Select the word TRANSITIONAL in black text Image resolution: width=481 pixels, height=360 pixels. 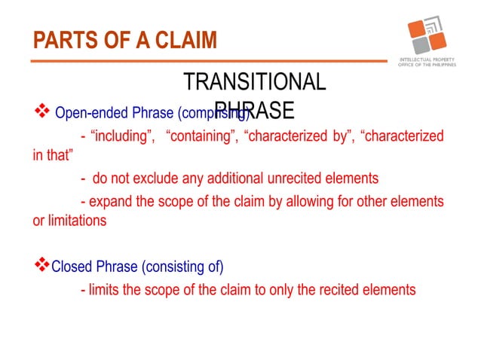(x=255, y=82)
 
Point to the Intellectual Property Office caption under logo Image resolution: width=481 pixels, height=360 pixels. (x=427, y=62)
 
